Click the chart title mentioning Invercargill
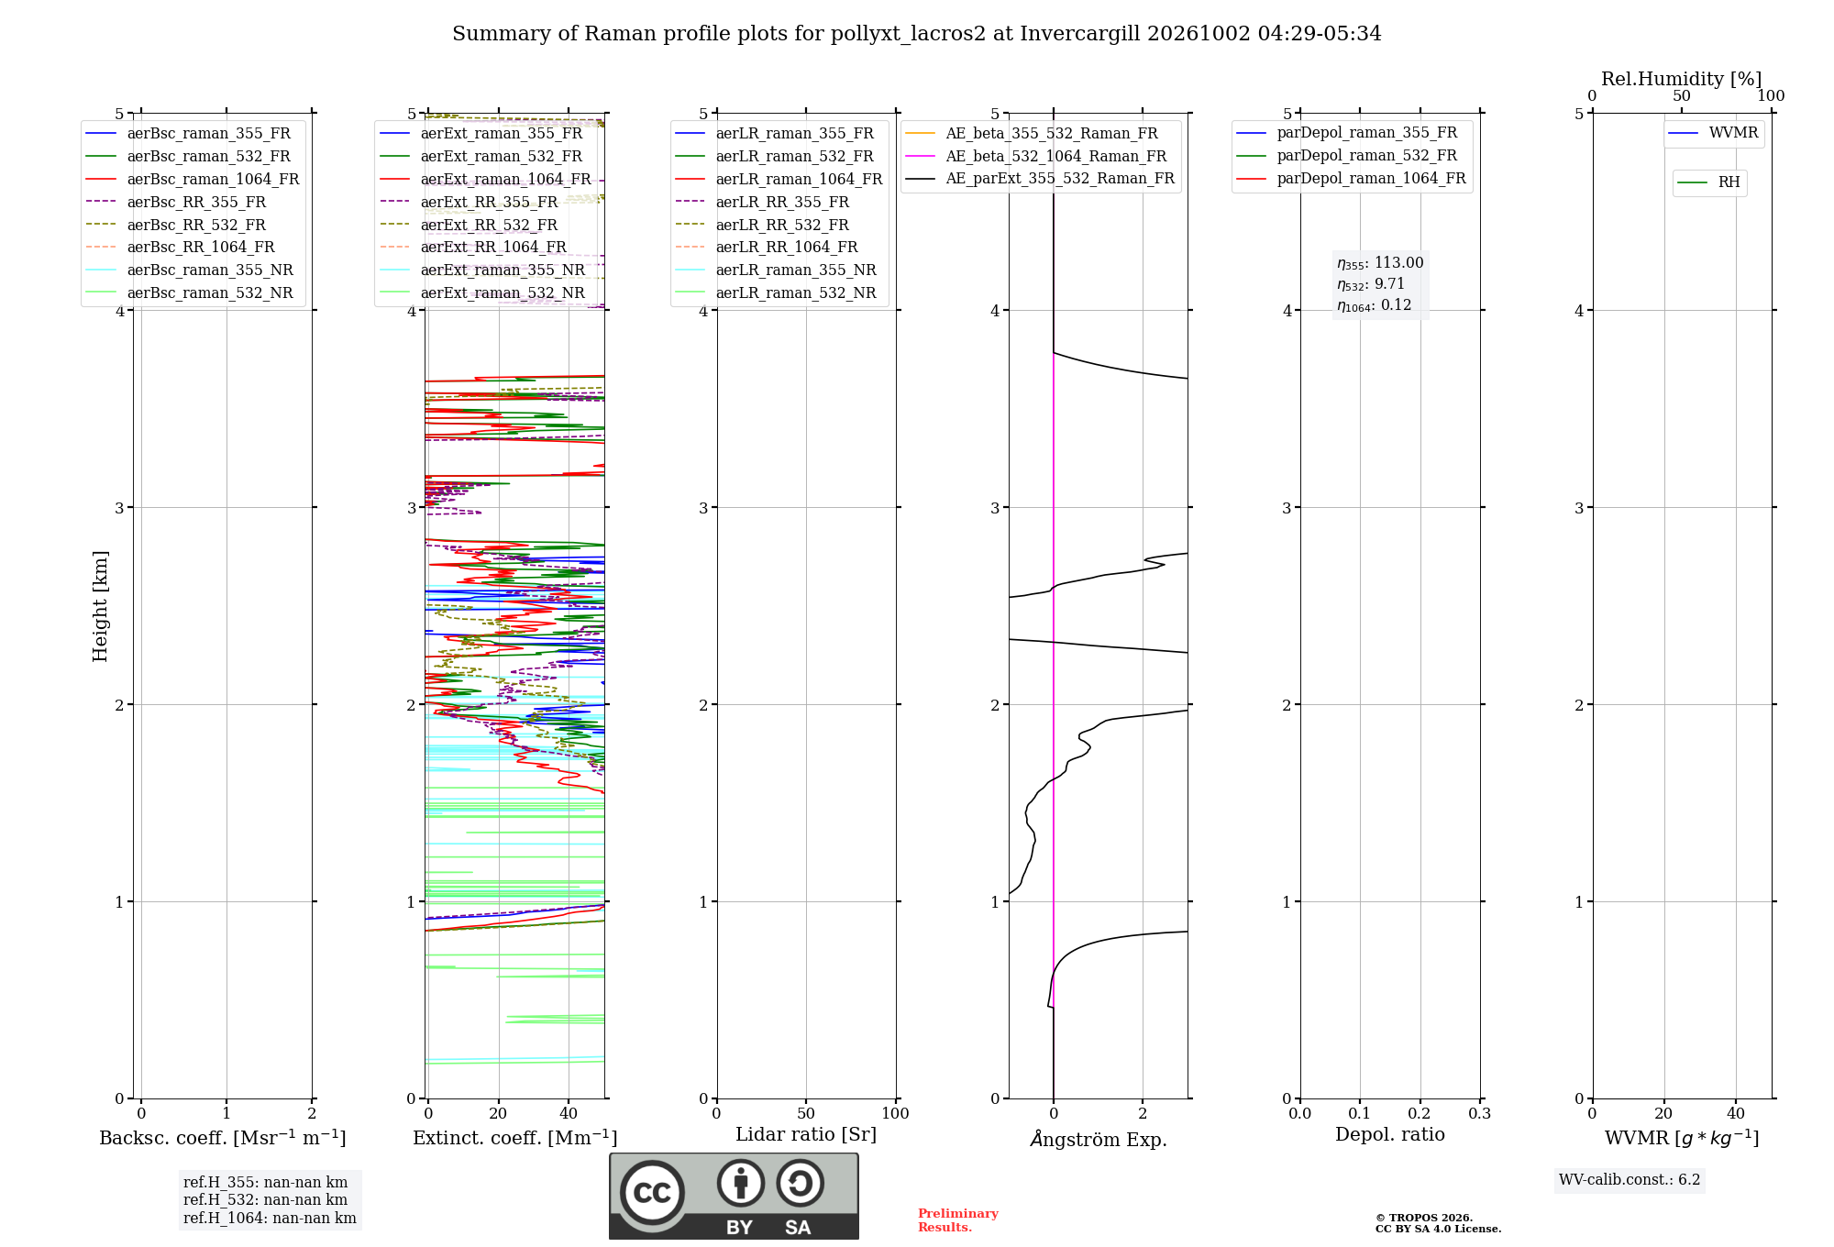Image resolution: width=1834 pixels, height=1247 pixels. [916, 34]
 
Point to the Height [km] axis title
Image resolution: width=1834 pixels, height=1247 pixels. [100, 606]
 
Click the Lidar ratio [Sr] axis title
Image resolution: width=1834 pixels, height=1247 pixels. [806, 1134]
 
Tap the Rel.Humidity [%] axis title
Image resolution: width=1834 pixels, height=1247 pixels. [1681, 79]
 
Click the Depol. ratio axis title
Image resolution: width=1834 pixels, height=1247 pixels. [1390, 1134]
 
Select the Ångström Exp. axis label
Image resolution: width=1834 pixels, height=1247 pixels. [1099, 1139]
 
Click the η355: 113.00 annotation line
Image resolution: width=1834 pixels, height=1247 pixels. [1380, 263]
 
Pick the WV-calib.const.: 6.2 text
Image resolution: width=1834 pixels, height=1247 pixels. [1630, 1180]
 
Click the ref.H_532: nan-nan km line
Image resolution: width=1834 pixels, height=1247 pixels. [265, 1200]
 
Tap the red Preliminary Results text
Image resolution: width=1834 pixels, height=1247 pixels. [958, 1220]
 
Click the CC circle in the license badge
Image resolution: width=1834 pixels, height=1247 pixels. [652, 1193]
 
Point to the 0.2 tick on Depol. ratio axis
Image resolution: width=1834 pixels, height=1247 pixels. [1420, 1114]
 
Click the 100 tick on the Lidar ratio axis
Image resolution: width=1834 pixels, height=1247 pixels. [895, 1114]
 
